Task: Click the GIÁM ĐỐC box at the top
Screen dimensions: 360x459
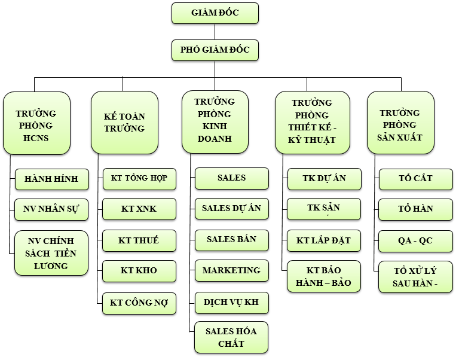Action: point(215,13)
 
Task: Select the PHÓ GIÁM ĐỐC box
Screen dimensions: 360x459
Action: point(215,50)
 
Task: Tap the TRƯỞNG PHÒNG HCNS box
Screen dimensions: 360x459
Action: point(36,123)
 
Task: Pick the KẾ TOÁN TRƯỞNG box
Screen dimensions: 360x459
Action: point(124,123)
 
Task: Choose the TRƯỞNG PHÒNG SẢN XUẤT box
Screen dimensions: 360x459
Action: point(400,122)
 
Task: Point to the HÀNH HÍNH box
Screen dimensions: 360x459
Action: point(51,178)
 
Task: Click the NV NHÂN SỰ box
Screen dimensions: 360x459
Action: point(51,209)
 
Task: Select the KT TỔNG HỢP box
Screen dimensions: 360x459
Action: point(139,178)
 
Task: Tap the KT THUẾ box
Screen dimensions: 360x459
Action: point(139,240)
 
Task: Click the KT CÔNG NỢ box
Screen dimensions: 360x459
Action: point(139,303)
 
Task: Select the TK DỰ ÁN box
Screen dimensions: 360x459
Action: point(324,178)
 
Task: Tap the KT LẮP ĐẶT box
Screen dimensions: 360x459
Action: point(324,240)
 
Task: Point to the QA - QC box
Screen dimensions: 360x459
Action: point(415,240)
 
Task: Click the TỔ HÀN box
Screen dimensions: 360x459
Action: point(415,209)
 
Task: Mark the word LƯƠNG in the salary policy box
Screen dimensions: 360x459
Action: point(51,265)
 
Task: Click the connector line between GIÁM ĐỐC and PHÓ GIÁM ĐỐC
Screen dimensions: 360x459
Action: point(215,32)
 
